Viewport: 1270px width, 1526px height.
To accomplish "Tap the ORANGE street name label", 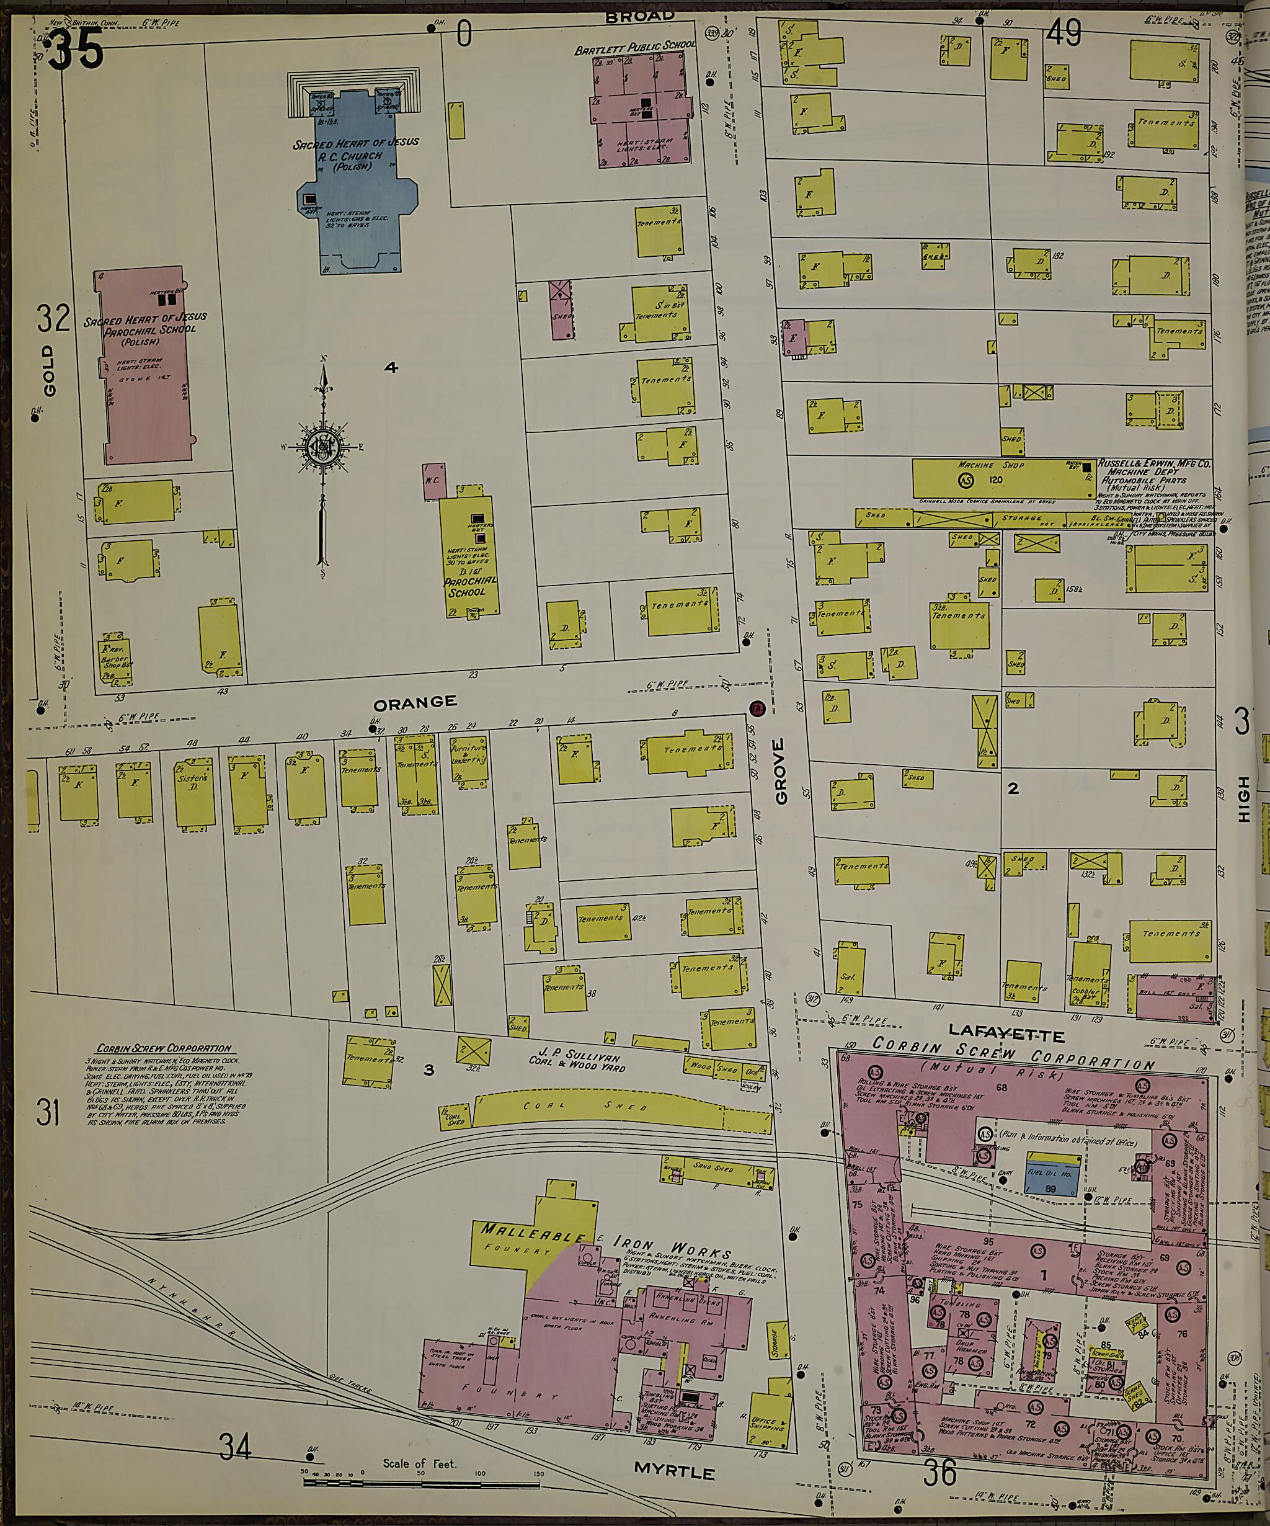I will (415, 701).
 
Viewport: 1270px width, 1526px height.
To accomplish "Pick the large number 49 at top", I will (1064, 33).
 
